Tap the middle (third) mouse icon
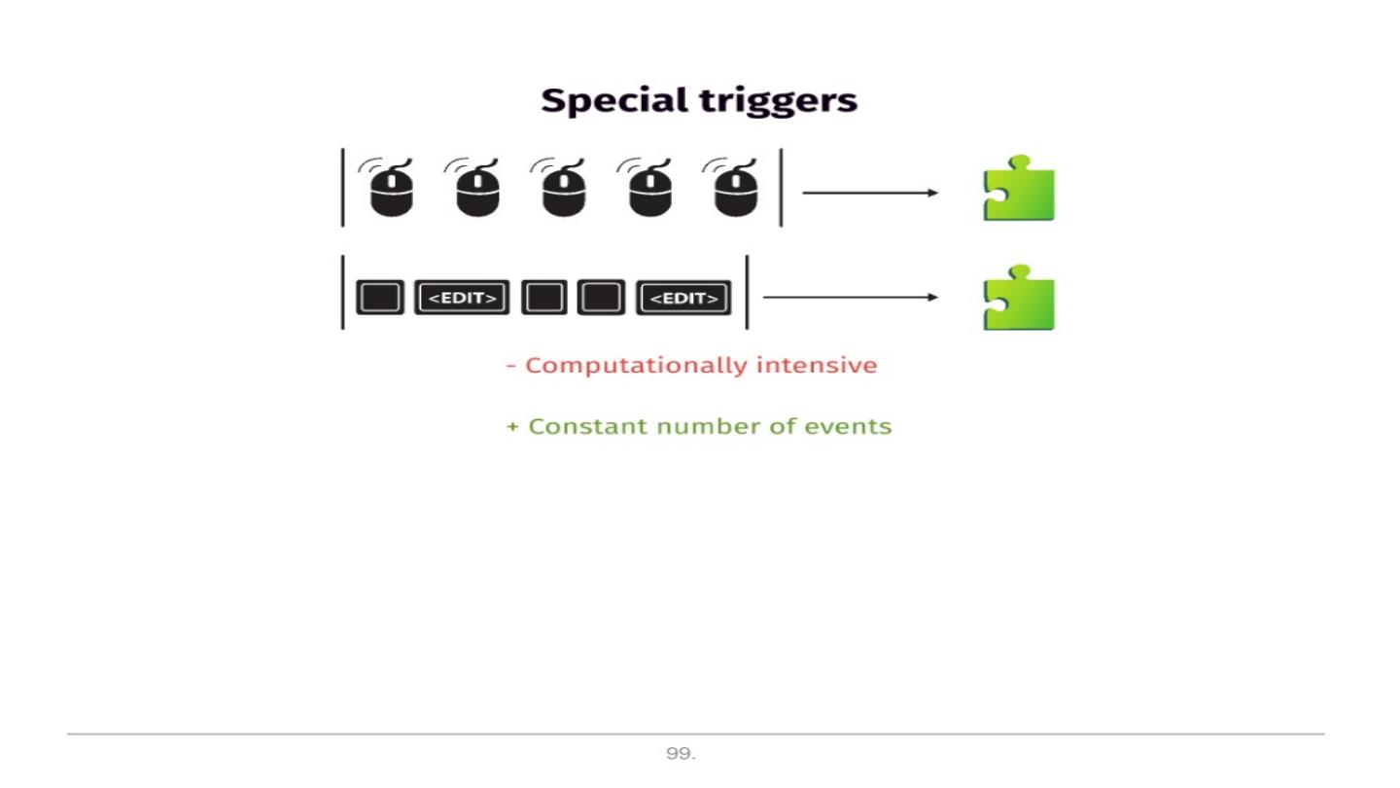point(563,189)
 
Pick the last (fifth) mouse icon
point(736,189)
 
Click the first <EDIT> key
point(463,298)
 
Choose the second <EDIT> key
point(683,298)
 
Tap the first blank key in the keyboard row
point(379,298)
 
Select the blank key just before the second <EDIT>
point(601,298)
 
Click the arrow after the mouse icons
point(870,193)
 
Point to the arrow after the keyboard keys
point(851,297)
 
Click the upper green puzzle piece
point(1019,189)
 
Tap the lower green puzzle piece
point(1019,298)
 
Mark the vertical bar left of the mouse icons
point(342,187)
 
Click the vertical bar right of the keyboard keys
point(747,292)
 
